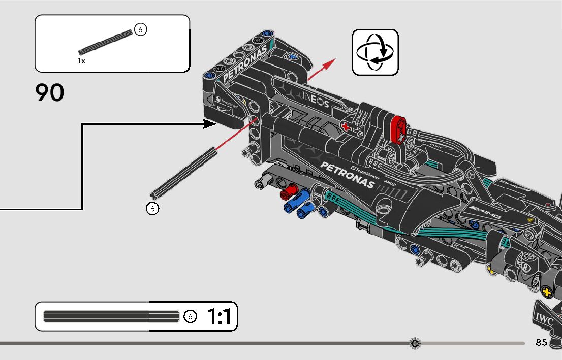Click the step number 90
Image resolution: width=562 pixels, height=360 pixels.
pos(50,93)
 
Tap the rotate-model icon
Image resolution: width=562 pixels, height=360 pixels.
pos(375,52)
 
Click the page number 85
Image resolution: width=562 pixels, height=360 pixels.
pos(541,342)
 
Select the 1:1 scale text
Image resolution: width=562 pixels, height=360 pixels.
pos(219,317)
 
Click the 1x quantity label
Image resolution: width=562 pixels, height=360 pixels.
pos(81,61)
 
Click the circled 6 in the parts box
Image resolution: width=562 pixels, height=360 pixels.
pos(141,30)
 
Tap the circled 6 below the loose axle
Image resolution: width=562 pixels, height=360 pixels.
pos(152,208)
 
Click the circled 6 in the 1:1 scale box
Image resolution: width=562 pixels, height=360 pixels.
pos(190,317)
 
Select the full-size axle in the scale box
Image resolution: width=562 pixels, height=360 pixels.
pos(111,316)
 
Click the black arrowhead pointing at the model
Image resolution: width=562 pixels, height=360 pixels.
pos(210,123)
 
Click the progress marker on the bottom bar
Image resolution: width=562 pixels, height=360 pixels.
pos(415,343)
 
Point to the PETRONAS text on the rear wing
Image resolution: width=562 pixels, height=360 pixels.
pos(244,63)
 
